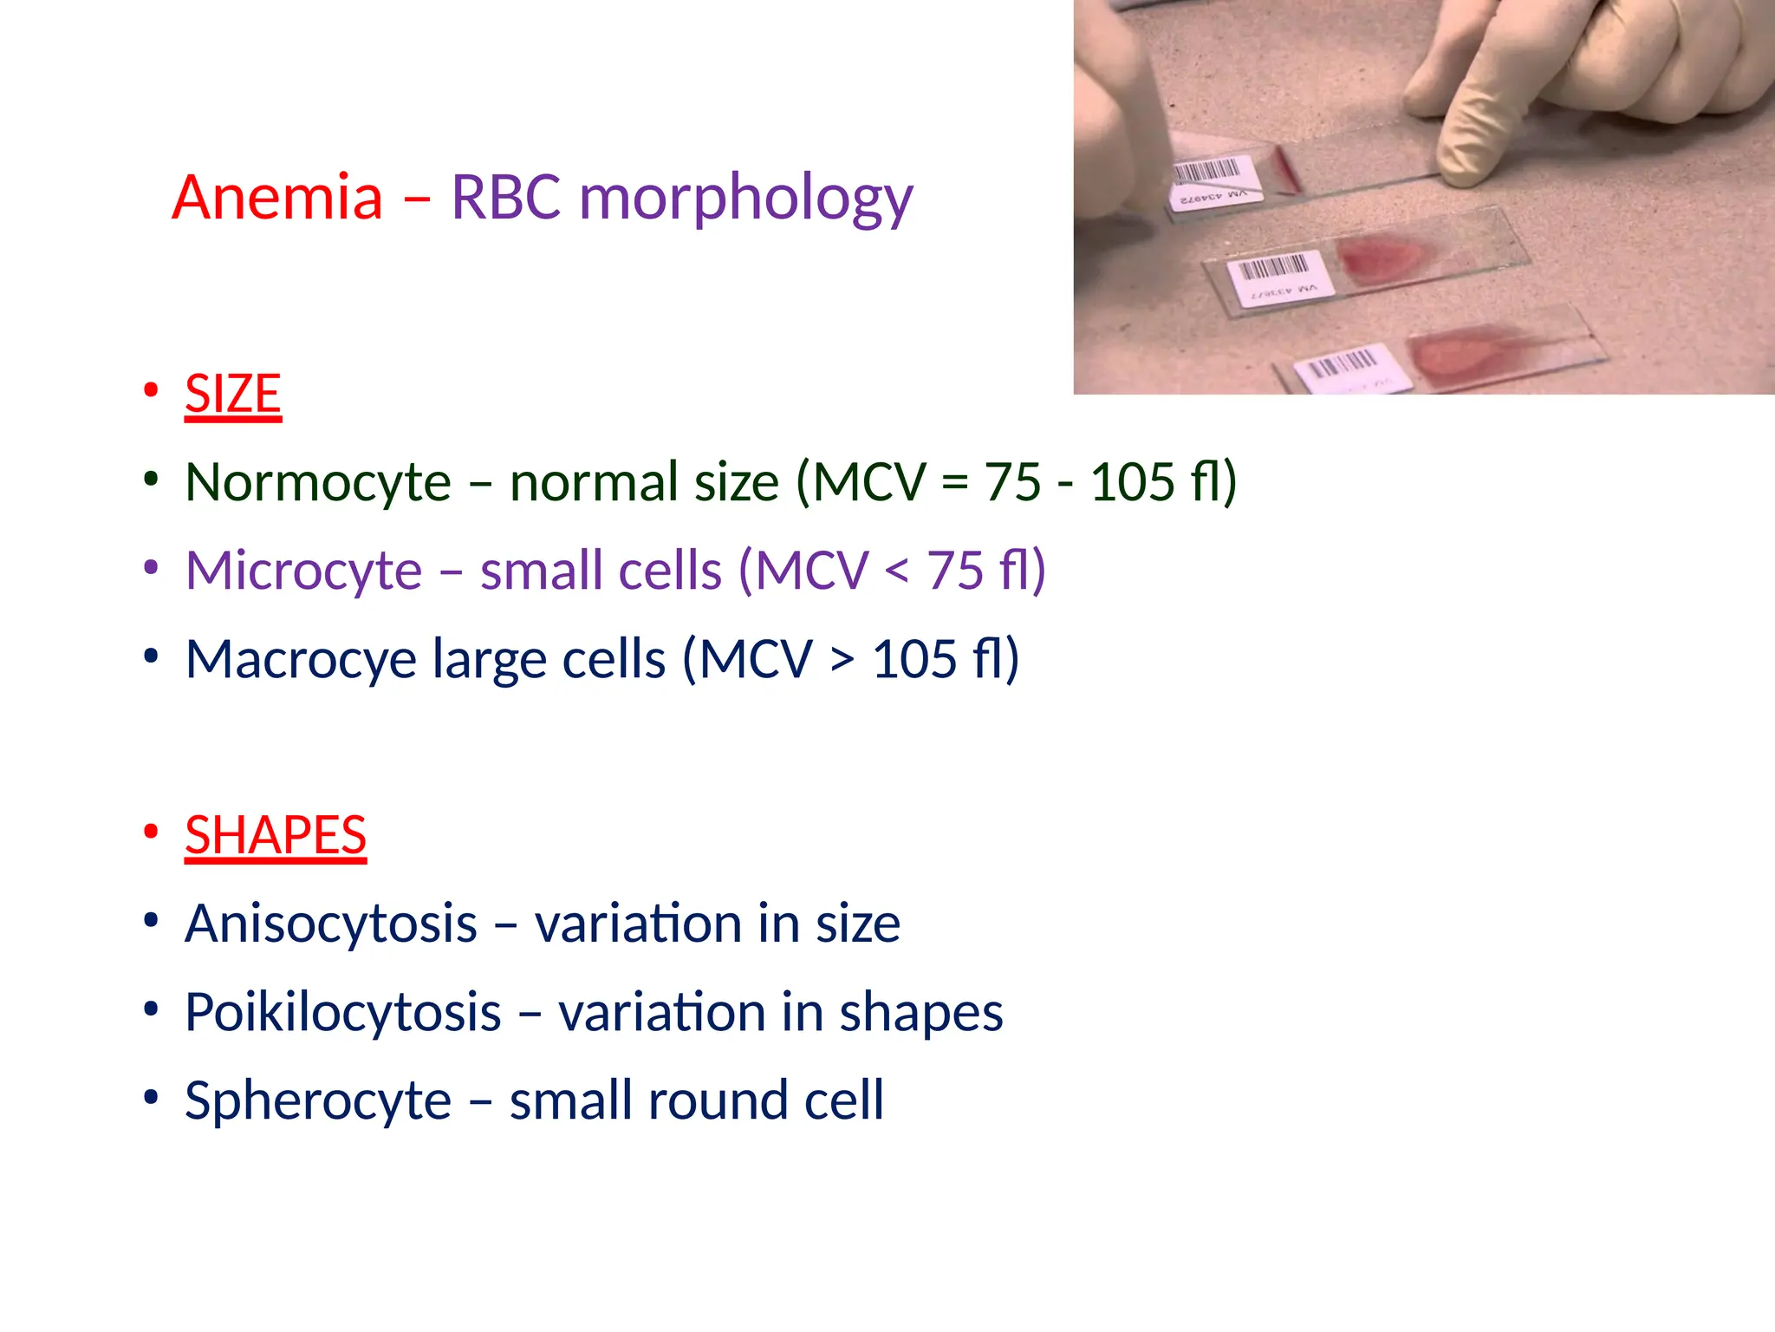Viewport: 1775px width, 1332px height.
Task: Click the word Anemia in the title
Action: pos(277,198)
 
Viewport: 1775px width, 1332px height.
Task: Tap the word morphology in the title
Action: pos(745,199)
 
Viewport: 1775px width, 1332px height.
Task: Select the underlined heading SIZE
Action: pos(233,395)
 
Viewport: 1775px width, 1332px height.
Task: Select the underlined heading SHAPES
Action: pos(276,836)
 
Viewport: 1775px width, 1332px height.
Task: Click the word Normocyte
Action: pos(318,483)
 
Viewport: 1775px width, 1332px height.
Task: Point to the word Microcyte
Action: pos(303,571)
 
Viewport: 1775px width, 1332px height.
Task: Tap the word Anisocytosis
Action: pos(331,924)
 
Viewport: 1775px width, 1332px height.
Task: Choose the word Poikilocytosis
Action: pos(343,1013)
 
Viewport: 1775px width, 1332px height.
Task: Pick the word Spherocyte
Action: pos(318,1101)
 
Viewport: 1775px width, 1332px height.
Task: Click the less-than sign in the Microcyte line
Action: pos(897,572)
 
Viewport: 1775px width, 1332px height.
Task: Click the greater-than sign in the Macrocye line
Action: pos(842,661)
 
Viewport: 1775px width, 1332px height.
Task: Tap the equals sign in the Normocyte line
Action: pos(954,483)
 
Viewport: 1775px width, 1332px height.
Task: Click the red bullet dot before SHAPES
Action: pos(151,832)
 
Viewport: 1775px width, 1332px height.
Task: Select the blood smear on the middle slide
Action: pos(1380,257)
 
